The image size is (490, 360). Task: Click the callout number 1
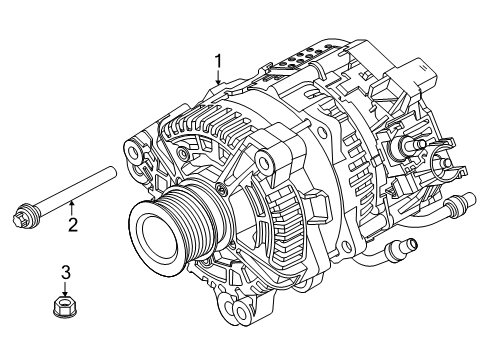click(218, 62)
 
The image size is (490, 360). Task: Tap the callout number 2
click(73, 225)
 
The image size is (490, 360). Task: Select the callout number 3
click(66, 272)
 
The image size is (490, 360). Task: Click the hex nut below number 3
click(65, 306)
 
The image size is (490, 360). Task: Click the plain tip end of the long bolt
click(112, 172)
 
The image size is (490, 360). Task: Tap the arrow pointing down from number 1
click(218, 77)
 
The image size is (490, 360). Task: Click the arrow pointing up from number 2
click(70, 208)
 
